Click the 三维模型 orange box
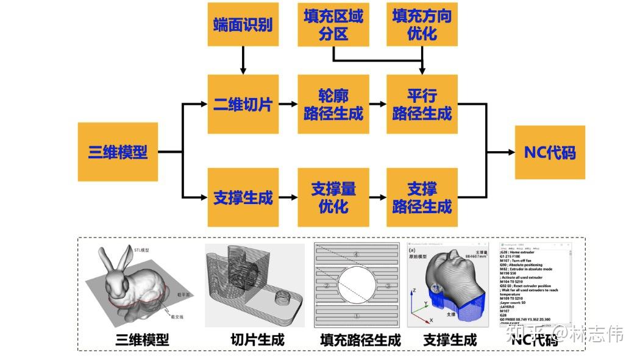click(118, 152)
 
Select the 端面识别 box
click(243, 24)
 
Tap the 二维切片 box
click(243, 104)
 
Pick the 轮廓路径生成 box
click(333, 104)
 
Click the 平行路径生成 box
click(422, 104)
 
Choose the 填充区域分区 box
click(333, 24)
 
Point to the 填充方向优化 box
click(422, 24)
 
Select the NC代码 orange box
click(550, 152)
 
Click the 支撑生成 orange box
click(243, 197)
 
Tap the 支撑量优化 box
click(333, 197)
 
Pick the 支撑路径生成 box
click(422, 197)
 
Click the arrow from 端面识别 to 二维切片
click(243, 60)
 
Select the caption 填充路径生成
click(360, 339)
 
